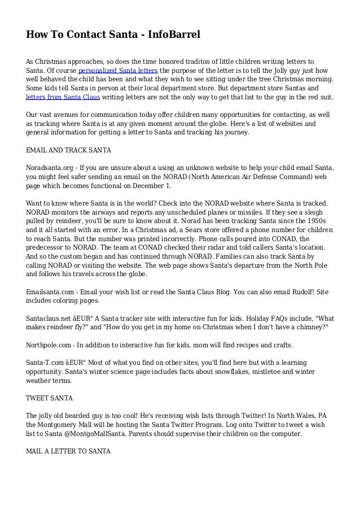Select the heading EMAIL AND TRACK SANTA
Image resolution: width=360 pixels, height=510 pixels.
point(68,151)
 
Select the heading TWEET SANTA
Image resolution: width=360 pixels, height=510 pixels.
point(50,398)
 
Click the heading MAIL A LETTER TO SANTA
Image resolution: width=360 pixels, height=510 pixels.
point(70,451)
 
